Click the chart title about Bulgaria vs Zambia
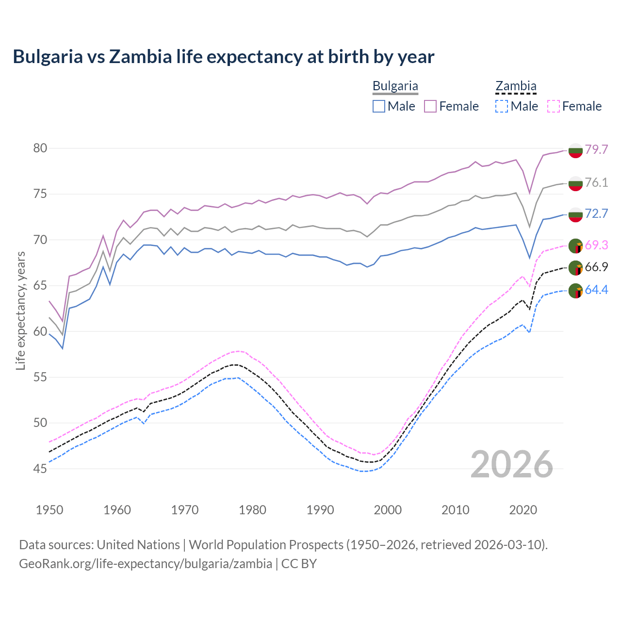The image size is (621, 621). point(223,57)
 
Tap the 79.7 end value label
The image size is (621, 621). point(596,149)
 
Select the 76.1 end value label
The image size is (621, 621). point(596,182)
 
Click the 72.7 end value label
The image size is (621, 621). point(596,213)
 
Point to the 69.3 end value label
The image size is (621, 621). point(596,245)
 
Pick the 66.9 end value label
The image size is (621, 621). point(596,267)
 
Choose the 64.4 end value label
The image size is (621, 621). point(596,290)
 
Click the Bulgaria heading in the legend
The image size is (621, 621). point(395,86)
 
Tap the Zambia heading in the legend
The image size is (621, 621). point(516,86)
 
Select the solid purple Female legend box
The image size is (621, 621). point(430,106)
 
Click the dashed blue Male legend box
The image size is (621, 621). point(502,106)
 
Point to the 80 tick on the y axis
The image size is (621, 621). point(40,148)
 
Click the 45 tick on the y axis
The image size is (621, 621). point(40,469)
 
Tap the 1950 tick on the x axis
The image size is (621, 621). point(49,510)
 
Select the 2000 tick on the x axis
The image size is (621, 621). point(388,510)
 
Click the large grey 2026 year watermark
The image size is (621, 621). point(511,464)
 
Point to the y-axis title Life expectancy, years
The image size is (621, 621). point(20,310)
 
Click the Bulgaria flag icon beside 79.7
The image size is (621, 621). point(575,150)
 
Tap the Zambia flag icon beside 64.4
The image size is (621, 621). point(575,291)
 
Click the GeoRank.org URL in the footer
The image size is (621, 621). point(146,563)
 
